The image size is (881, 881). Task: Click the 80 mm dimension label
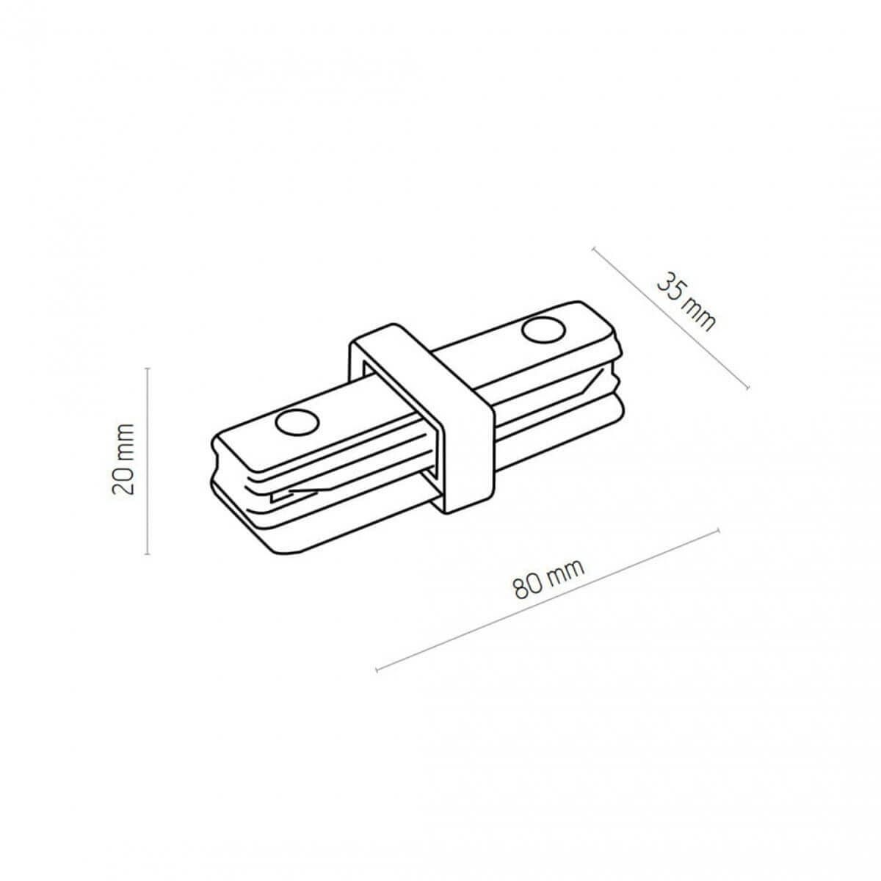coord(548,578)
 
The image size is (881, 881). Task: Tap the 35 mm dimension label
coord(686,302)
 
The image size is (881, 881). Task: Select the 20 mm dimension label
coord(123,459)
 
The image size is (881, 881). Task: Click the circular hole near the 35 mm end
coord(543,330)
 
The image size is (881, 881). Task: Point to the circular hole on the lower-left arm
coord(297,421)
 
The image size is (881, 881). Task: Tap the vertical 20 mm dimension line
coord(148,461)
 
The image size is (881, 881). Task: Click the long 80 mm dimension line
coord(547,600)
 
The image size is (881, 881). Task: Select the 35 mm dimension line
coord(670,318)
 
